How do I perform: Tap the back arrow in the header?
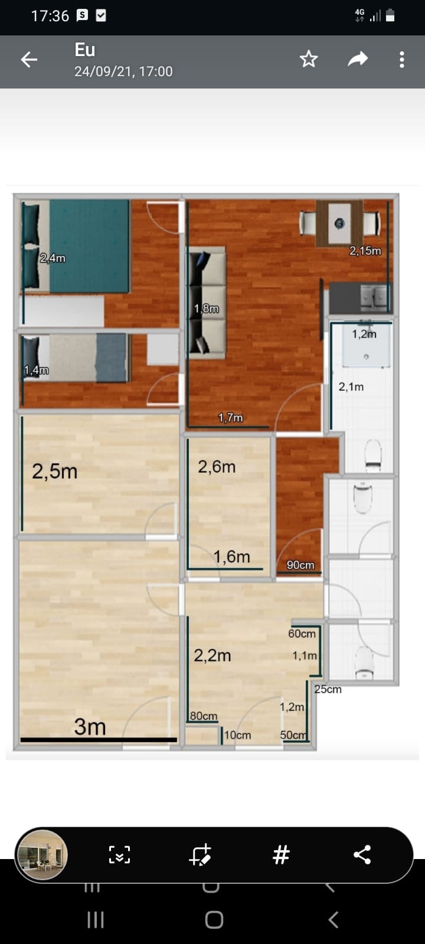tap(29, 60)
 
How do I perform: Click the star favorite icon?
tap(309, 59)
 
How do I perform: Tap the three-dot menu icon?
tap(402, 60)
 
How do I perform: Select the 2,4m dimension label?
tap(53, 258)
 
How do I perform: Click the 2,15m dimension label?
tap(365, 251)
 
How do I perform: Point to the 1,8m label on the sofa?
tap(207, 309)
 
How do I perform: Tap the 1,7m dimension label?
tap(231, 418)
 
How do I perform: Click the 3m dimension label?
tap(90, 726)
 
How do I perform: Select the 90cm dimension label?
tap(300, 565)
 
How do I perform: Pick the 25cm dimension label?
tap(328, 690)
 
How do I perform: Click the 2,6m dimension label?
tap(217, 467)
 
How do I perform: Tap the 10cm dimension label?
tap(237, 735)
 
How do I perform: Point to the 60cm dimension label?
tap(302, 634)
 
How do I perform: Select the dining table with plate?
tap(339, 224)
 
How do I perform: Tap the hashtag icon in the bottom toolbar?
tap(281, 855)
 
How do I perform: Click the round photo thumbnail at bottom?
tap(41, 855)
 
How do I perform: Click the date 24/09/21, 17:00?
tap(123, 71)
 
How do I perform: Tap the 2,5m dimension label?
tap(55, 471)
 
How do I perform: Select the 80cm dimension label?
tap(204, 716)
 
